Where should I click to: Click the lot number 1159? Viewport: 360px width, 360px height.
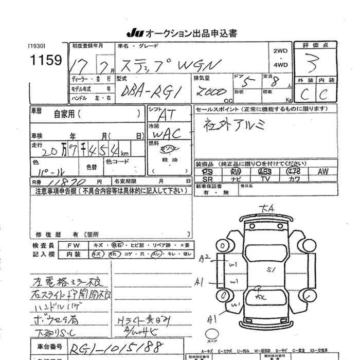46,60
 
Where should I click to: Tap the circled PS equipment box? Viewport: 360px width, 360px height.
207,171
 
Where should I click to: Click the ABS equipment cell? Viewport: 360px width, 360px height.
265,171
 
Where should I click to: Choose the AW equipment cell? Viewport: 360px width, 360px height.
323,171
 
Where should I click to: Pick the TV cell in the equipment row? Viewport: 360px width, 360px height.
265,179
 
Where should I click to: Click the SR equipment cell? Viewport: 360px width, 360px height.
207,179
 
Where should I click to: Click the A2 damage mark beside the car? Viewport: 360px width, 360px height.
206,257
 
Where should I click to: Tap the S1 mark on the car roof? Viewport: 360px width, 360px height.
269,269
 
